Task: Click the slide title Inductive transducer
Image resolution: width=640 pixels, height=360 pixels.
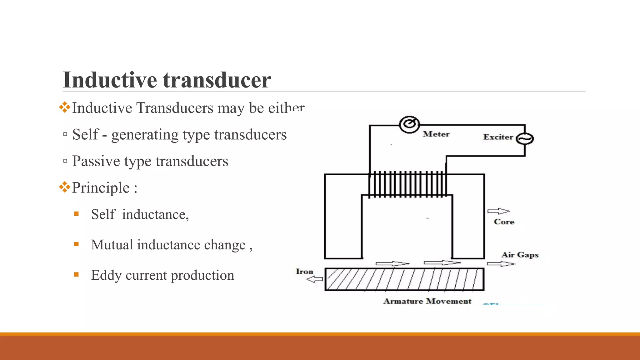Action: [x=167, y=80]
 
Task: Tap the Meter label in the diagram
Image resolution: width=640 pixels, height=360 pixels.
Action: [x=436, y=134]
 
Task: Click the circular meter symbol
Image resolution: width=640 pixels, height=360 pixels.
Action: [x=409, y=124]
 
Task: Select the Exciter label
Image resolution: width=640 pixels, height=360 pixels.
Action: [x=498, y=137]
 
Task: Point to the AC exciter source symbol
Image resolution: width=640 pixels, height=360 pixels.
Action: [x=525, y=139]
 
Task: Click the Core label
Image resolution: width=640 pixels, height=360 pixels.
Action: [x=504, y=222]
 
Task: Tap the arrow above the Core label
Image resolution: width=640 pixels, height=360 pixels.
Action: [x=498, y=211]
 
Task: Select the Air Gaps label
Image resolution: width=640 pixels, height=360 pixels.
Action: [x=520, y=255]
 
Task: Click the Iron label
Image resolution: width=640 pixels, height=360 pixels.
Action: [x=304, y=272]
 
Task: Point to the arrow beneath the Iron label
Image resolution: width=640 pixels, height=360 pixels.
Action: [x=314, y=279]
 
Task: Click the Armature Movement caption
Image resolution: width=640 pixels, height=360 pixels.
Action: [x=427, y=301]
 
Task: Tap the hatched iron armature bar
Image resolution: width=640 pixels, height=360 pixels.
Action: [x=404, y=279]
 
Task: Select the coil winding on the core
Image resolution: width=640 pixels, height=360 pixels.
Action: [x=407, y=184]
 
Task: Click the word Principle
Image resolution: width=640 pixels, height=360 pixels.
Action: [x=101, y=188]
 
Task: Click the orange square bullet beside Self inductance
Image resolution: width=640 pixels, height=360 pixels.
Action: [x=76, y=214]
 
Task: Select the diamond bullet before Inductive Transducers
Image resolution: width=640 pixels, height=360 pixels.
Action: [x=65, y=107]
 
